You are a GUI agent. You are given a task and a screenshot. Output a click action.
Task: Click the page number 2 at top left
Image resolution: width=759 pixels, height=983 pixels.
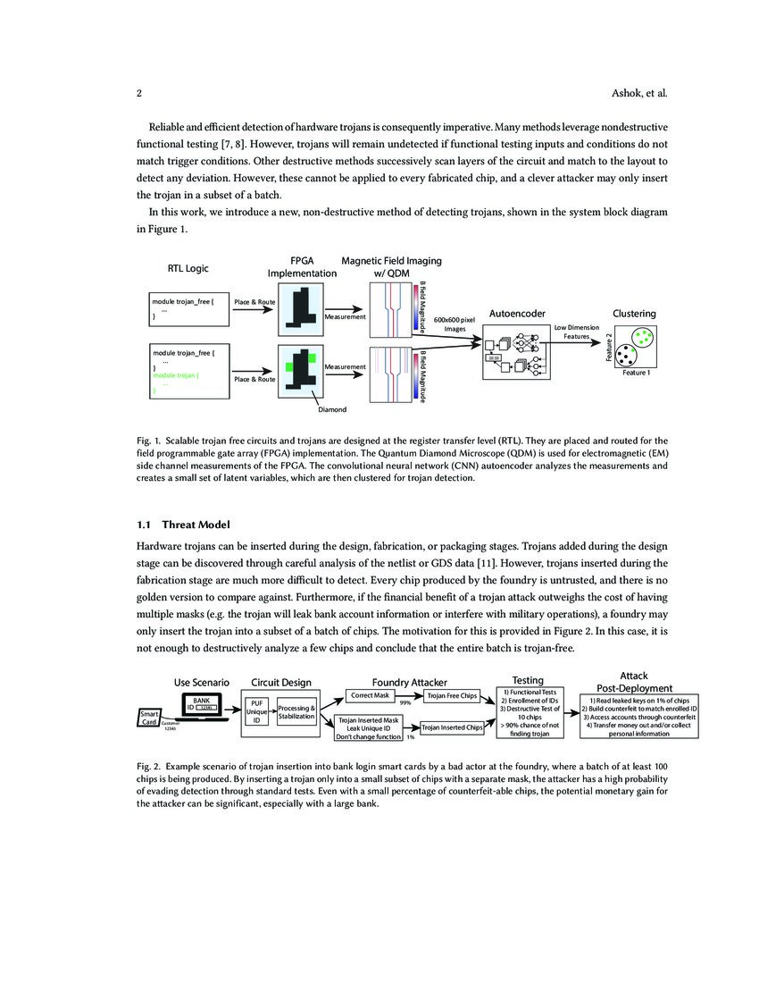pos(139,94)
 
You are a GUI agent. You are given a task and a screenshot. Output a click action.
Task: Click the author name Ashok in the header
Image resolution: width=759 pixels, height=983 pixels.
pos(626,94)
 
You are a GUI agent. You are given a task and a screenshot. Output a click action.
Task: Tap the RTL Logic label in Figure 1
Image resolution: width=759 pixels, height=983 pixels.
pos(188,268)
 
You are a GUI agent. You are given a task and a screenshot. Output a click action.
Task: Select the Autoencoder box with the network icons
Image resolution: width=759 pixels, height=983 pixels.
pos(517,352)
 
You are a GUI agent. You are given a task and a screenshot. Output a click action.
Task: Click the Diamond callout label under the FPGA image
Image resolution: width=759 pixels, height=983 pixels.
pos(332,409)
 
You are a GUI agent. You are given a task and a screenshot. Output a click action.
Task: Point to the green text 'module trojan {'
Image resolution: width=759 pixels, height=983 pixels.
pos(176,375)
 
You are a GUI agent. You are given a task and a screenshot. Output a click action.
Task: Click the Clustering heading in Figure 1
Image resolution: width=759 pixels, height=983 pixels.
pos(634,314)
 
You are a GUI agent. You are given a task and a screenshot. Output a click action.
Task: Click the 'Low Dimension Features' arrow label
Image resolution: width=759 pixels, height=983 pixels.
pos(576,332)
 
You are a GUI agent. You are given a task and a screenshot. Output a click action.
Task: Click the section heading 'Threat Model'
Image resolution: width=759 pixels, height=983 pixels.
pos(196,525)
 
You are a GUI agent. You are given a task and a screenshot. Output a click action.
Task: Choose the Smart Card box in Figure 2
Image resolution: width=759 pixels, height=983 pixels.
pos(149,718)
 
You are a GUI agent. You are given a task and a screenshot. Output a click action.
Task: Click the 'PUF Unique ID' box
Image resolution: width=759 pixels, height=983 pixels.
pos(257,712)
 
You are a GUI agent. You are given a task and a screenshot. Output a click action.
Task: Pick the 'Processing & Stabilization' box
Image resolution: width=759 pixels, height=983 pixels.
pos(296,712)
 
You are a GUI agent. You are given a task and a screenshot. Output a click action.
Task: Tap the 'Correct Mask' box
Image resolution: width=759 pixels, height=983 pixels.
pos(370,695)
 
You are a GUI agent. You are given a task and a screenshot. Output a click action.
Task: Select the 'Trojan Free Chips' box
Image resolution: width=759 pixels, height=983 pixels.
pos(452,696)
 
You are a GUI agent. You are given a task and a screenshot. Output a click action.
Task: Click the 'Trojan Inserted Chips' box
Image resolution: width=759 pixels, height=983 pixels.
pos(452,727)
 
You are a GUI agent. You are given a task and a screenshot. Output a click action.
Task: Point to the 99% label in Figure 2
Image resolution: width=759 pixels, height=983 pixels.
pos(405,702)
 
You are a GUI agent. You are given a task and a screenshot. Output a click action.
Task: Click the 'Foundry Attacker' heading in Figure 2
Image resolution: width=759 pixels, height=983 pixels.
pos(410,682)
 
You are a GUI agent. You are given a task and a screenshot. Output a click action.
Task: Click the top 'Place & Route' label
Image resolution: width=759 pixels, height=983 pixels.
pos(254,302)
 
